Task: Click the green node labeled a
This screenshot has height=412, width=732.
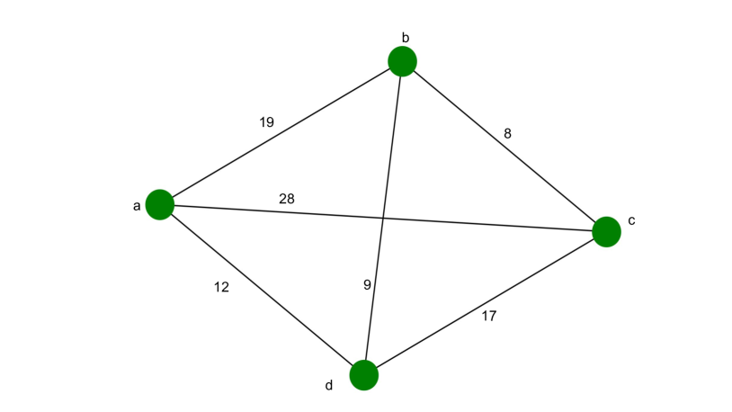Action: coord(159,204)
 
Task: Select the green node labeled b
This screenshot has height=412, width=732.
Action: coord(402,61)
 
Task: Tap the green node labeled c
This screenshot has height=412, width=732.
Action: coord(606,231)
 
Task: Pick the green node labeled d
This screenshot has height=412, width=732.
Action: coord(363,375)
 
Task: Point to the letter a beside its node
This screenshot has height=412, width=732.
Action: coord(137,206)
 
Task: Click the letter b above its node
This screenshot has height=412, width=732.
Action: coord(406,38)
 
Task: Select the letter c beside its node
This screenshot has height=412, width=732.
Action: coord(631,220)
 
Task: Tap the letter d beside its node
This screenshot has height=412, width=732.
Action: coord(329,385)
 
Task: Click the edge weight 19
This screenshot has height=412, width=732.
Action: coord(266,122)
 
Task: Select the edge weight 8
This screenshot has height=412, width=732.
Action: coord(507,134)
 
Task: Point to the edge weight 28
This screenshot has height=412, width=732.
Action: coord(287,199)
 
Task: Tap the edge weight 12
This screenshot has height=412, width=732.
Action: coord(222,288)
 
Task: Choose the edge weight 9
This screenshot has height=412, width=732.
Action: coord(367,285)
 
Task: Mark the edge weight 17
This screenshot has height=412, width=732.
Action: coord(488,316)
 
